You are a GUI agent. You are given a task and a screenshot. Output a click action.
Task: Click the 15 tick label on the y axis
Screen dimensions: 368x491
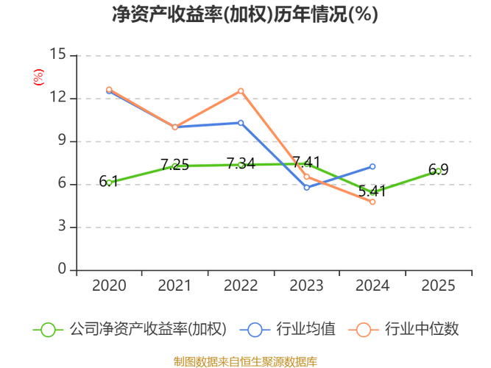(x=58, y=54)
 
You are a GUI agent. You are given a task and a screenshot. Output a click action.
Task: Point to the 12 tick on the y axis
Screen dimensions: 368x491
(x=58, y=97)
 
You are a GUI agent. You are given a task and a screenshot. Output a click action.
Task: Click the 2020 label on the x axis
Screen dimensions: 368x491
(x=109, y=286)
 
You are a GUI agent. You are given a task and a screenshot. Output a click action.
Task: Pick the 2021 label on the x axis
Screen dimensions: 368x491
(x=174, y=286)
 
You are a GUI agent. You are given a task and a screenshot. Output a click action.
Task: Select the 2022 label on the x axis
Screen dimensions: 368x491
(x=241, y=286)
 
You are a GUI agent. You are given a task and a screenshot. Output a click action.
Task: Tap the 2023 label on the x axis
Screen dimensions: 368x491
(x=307, y=286)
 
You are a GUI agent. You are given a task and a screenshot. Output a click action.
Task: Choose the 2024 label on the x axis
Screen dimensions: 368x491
(x=372, y=286)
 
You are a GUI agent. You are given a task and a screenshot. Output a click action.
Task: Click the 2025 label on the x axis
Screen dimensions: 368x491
(x=439, y=286)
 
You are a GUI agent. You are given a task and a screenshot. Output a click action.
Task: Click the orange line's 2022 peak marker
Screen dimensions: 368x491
(x=241, y=91)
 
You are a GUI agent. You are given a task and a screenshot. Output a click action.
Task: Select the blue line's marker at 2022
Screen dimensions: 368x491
(x=241, y=122)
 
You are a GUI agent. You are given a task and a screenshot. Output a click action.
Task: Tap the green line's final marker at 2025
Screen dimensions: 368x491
(x=439, y=171)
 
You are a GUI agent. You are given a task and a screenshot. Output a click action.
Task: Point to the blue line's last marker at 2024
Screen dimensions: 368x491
(x=372, y=166)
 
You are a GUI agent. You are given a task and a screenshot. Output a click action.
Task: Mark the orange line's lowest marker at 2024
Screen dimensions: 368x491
(x=372, y=202)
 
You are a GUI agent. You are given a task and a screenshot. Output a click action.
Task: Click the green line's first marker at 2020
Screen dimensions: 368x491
(x=110, y=183)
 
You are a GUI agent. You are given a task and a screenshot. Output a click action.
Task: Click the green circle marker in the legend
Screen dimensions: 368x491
(x=48, y=330)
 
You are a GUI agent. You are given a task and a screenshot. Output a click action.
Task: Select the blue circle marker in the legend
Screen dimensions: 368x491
(x=255, y=330)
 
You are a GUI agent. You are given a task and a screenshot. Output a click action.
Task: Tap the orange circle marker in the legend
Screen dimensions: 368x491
(x=364, y=330)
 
